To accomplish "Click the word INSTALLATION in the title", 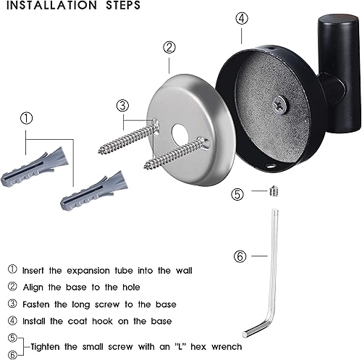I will pos(51,6).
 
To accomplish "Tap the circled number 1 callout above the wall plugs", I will pos(25,117).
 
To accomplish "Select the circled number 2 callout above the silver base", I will pos(169,48).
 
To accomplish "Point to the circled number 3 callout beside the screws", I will pos(122,105).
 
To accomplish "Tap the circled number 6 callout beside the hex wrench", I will pos(241,256).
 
